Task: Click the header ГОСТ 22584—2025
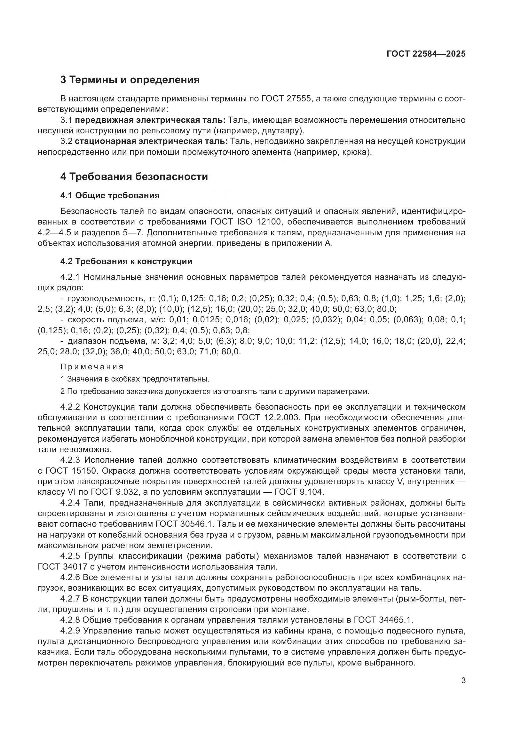pos(426,54)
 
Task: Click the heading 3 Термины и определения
pos(130,80)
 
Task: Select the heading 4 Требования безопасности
pos(134,177)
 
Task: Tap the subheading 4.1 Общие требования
pos(110,195)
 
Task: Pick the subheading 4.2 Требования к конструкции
pos(126,261)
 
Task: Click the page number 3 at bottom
pos(463,681)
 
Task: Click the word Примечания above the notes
pos(92,367)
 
